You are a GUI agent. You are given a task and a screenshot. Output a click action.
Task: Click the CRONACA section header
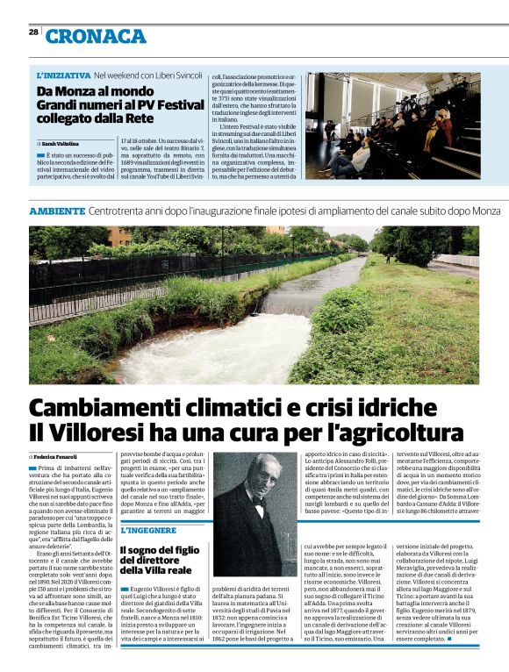[x=96, y=36]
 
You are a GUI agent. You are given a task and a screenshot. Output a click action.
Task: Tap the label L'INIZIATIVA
[x=64, y=76]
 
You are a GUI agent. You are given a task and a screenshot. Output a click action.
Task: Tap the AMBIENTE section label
[x=58, y=211]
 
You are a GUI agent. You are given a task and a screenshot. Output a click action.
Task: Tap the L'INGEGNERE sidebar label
[x=148, y=531]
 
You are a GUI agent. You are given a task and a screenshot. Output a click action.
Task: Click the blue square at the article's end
[x=449, y=638]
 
